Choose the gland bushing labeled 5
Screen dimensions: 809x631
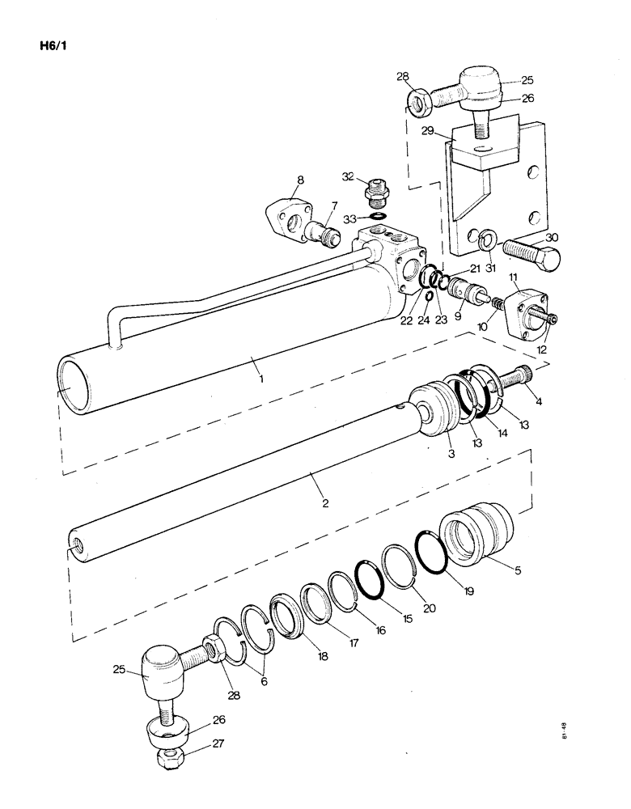[x=475, y=533]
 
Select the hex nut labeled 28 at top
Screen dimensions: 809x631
[x=418, y=103]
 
